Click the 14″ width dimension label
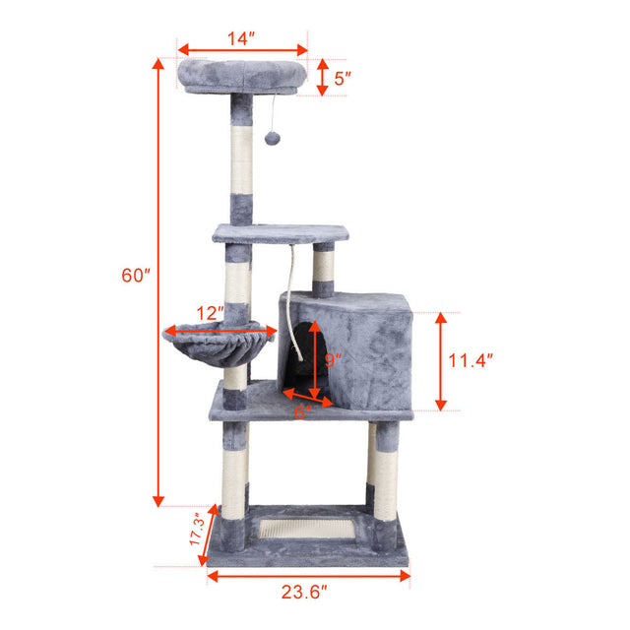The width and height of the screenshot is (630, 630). tap(241, 38)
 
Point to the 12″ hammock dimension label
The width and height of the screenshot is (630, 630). tap(209, 312)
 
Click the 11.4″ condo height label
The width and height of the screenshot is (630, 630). tap(471, 360)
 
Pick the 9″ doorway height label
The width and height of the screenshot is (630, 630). tap(333, 360)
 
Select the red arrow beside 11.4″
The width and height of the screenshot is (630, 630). tap(442, 360)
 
